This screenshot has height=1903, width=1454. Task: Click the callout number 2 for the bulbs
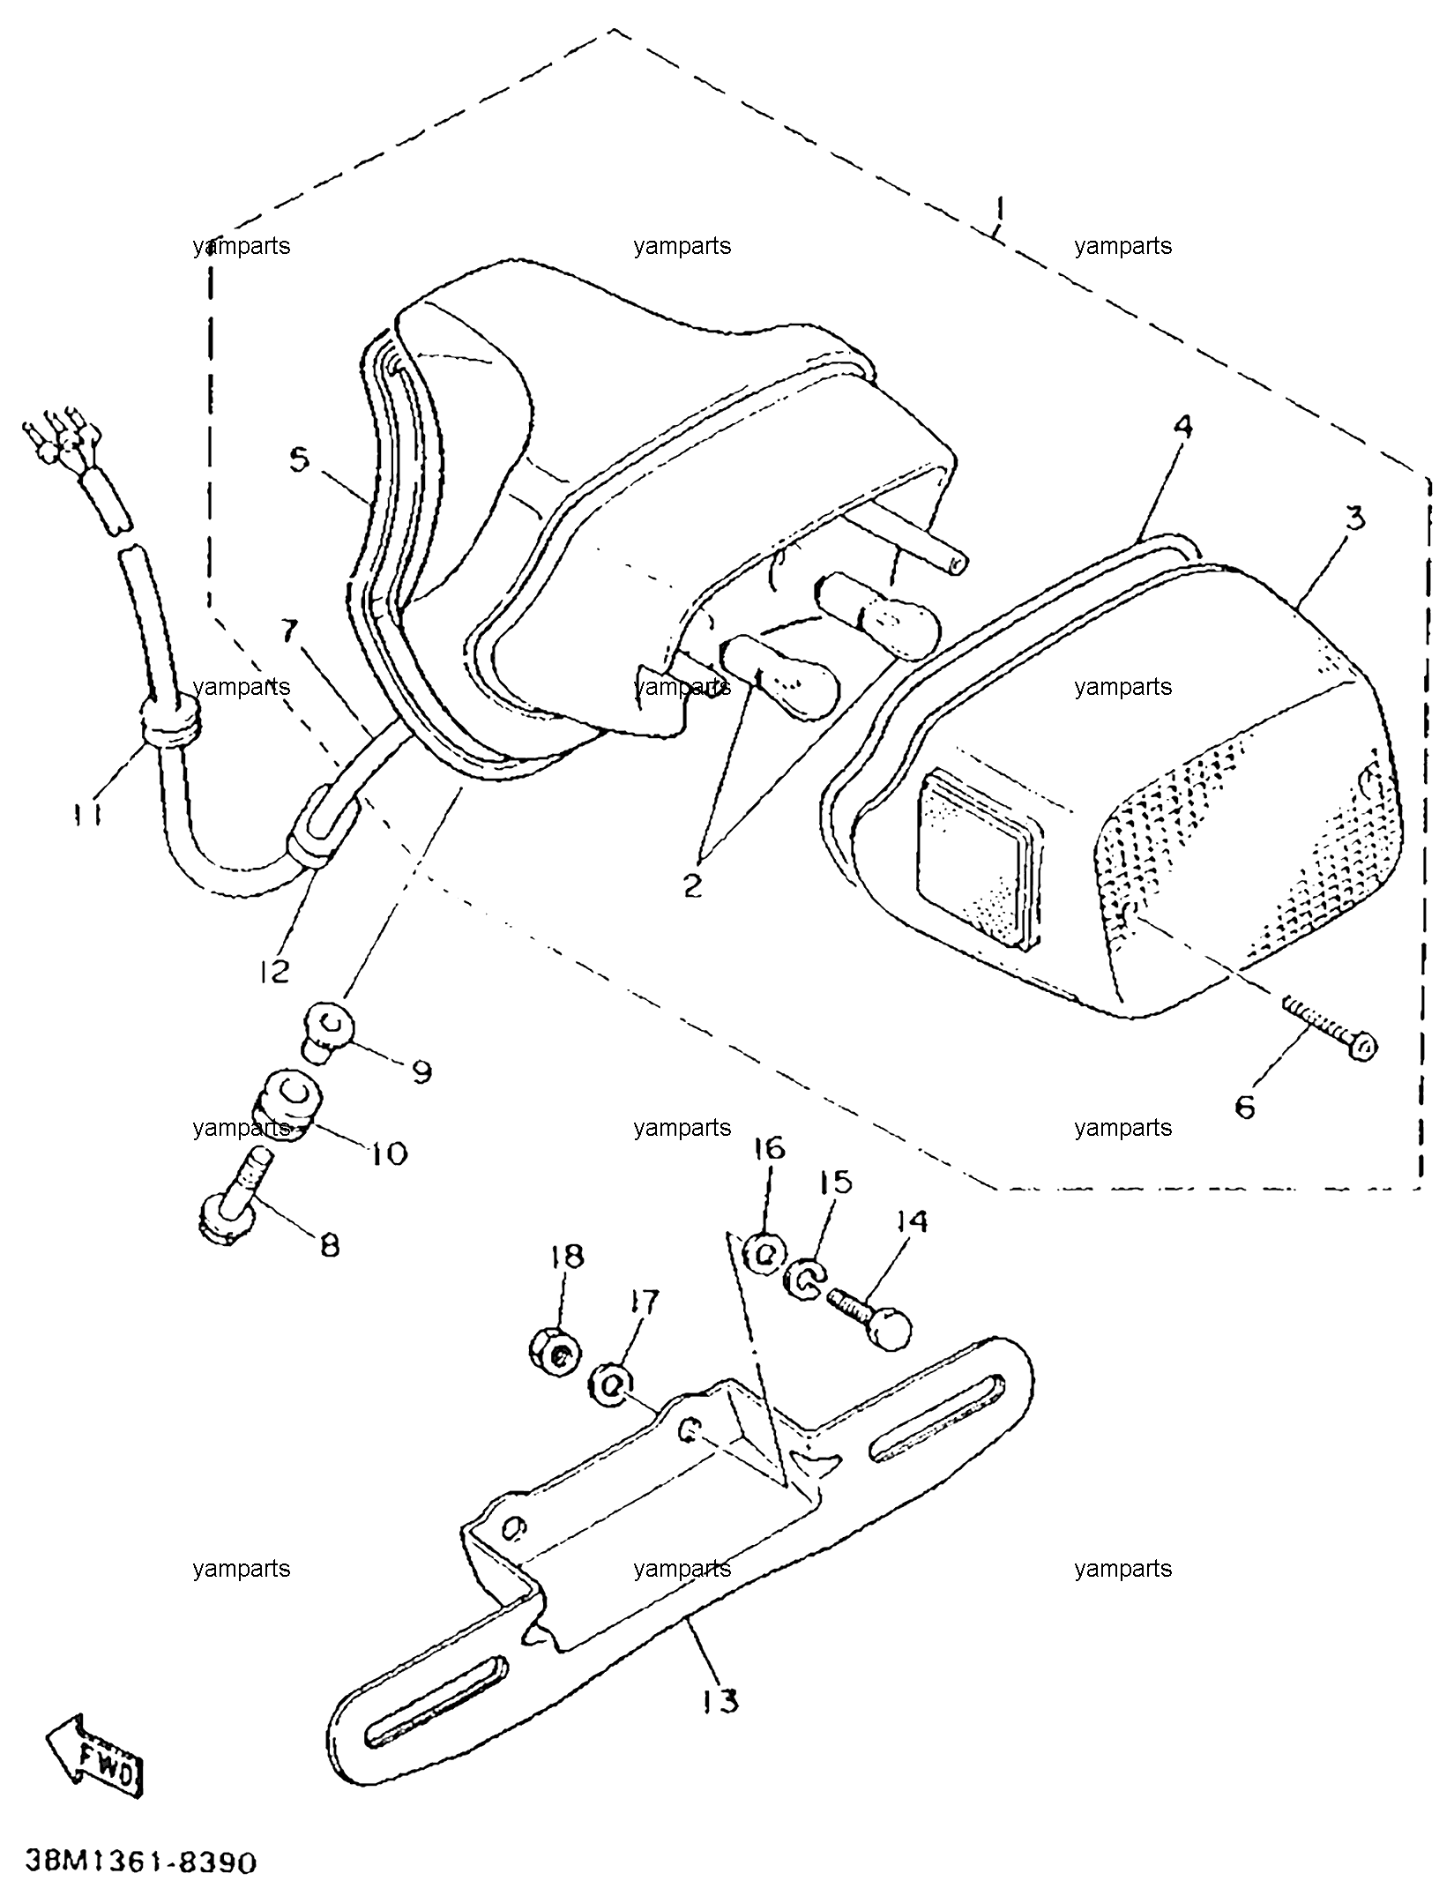pyautogui.click(x=694, y=884)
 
